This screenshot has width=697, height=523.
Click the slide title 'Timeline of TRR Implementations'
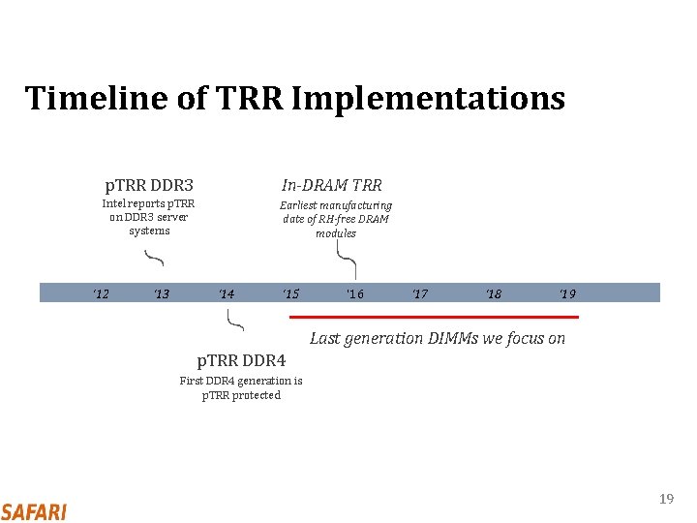(x=294, y=98)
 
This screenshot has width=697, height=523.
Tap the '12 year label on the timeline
(x=100, y=293)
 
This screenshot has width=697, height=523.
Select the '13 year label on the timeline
(x=162, y=293)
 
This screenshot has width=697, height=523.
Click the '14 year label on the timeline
(x=226, y=293)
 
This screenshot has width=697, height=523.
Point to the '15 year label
(x=290, y=293)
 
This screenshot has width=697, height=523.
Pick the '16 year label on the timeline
(x=355, y=293)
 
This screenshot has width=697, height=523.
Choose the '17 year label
(x=419, y=293)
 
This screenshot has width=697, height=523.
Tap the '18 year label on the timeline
(x=494, y=293)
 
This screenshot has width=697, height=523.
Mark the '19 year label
(x=567, y=293)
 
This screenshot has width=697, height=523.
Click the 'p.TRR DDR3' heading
(x=149, y=185)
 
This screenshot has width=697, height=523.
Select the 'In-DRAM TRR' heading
(x=331, y=185)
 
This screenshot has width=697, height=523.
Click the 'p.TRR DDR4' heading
(x=241, y=361)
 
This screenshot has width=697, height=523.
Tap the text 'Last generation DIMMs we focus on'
(x=437, y=338)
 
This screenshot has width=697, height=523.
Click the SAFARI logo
(x=34, y=511)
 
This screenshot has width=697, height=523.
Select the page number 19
(x=665, y=499)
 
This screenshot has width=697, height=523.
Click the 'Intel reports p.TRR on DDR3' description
(x=148, y=217)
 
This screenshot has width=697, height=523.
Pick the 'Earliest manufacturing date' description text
(x=336, y=219)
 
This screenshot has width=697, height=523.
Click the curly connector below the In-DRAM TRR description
(x=346, y=259)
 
